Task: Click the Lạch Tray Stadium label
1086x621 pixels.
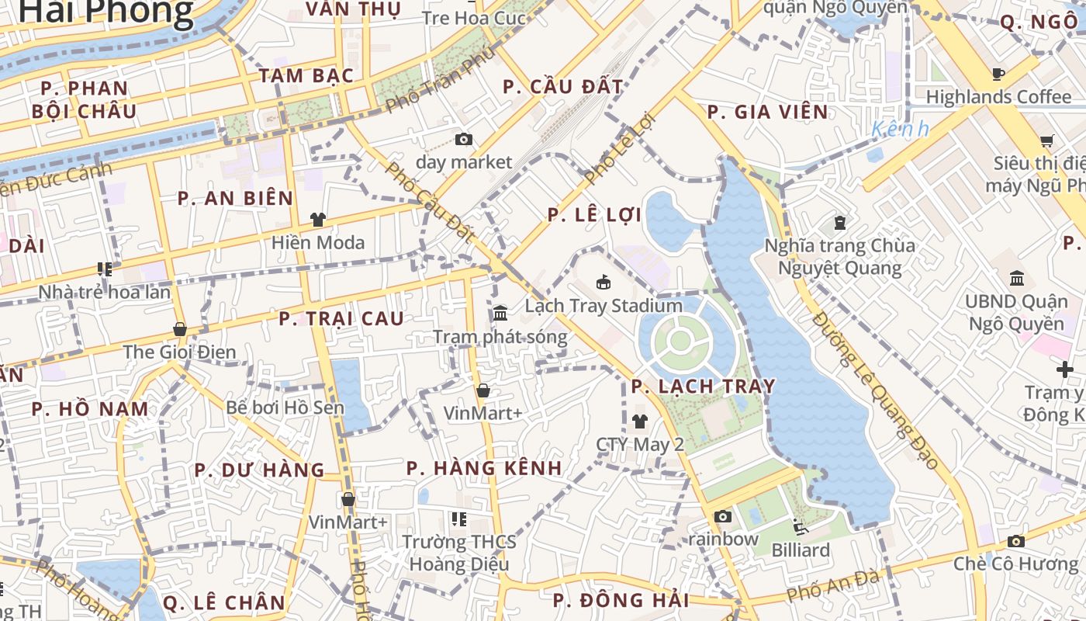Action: point(604,306)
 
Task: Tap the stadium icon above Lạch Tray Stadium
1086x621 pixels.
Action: point(604,282)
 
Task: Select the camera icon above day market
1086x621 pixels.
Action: point(464,140)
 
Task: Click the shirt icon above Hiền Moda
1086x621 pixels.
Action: point(317,220)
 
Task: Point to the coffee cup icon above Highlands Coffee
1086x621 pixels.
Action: point(998,75)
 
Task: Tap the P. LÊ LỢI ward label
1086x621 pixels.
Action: point(595,215)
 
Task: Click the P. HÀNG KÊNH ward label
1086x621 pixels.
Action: point(484,468)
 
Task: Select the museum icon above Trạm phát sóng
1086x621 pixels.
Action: point(500,314)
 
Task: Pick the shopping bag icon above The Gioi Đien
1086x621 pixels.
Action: point(179,329)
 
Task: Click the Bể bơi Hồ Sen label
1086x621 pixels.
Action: point(285,407)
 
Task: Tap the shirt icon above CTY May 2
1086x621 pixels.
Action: point(639,422)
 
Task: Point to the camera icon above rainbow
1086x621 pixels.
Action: point(723,516)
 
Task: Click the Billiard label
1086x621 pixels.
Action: point(801,550)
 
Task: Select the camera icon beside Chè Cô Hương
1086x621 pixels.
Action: point(1016,541)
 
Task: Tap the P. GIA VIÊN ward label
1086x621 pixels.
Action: point(768,113)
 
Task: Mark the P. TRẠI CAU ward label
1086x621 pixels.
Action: point(341,319)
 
